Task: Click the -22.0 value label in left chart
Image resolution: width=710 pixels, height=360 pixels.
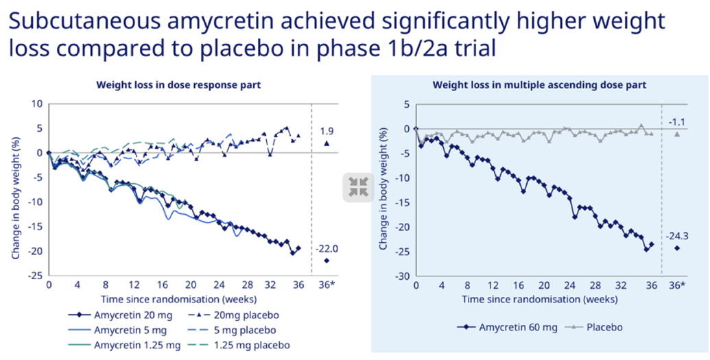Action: [x=327, y=248]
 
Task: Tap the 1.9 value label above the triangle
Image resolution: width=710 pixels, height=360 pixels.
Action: [x=327, y=130]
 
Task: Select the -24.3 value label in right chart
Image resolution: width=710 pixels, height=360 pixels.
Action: [x=677, y=236]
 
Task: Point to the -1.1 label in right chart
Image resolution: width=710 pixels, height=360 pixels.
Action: [x=677, y=122]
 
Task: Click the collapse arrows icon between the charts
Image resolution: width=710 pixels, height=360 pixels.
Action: [x=358, y=187]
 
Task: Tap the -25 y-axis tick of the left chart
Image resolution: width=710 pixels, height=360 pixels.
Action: [x=34, y=276]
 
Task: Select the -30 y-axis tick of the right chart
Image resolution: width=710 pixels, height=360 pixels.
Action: [x=401, y=276]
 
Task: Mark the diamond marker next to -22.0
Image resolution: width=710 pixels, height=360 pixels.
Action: [x=327, y=261]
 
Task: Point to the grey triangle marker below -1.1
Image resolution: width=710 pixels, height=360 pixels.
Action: [x=677, y=134]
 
